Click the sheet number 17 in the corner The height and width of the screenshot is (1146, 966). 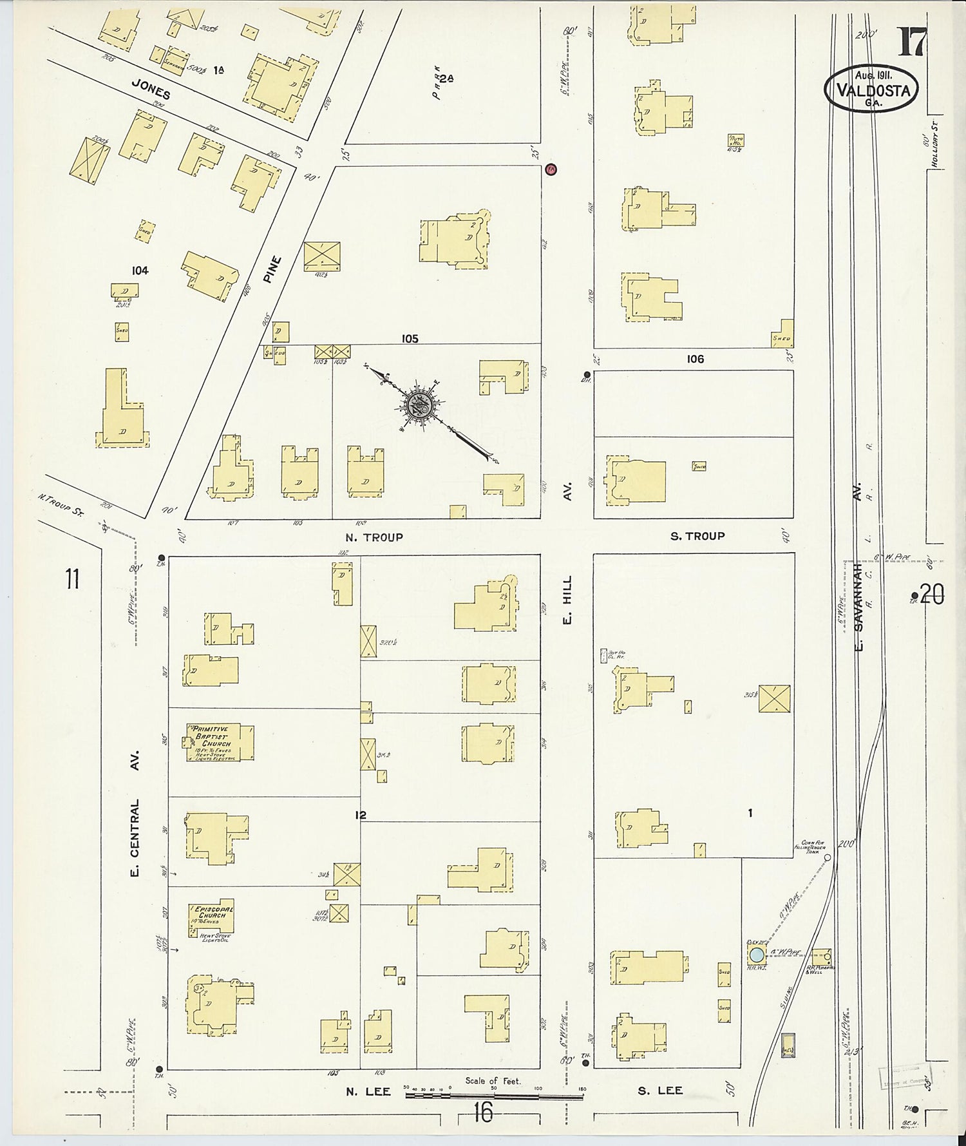point(913,43)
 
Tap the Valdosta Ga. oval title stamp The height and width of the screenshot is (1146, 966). point(872,90)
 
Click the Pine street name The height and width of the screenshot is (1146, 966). point(274,270)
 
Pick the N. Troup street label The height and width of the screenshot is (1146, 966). point(374,537)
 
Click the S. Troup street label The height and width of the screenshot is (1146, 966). point(697,536)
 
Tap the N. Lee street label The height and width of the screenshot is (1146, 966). point(368,1091)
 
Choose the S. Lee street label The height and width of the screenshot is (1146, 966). point(661,1091)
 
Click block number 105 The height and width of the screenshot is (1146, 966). point(410,338)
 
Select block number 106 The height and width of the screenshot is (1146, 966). point(695,359)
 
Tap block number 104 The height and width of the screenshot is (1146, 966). point(140,271)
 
